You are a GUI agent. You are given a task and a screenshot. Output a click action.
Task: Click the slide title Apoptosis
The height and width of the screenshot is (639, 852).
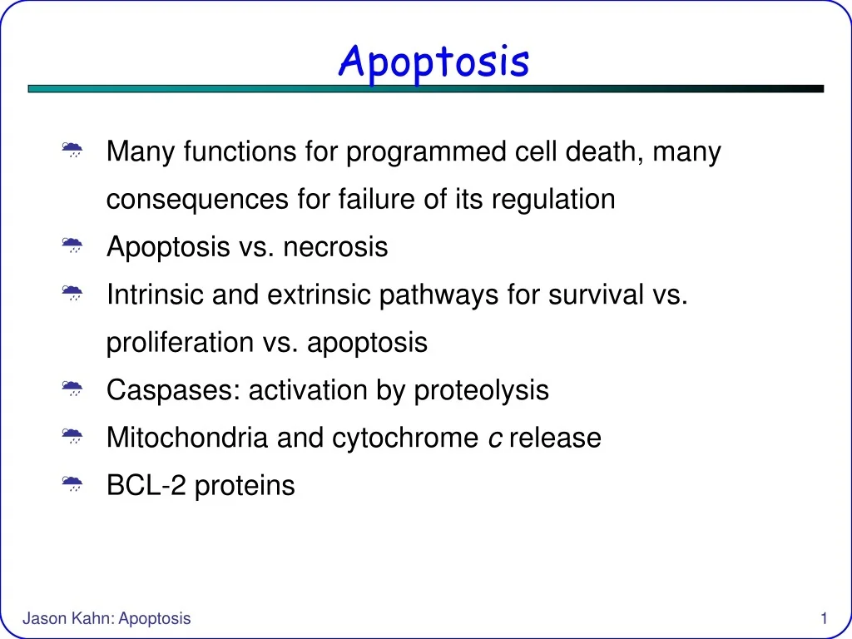[433, 62]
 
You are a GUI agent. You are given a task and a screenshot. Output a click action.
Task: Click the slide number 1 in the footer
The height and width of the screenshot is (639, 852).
[823, 618]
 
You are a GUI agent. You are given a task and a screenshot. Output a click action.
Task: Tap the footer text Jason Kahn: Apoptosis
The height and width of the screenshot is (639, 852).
[106, 618]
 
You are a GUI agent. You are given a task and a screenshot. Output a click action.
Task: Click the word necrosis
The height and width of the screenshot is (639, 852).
[335, 247]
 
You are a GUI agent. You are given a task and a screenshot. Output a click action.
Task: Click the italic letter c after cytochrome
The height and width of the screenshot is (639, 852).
[494, 438]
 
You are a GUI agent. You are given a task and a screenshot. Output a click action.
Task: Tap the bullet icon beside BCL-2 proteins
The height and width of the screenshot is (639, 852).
[72, 484]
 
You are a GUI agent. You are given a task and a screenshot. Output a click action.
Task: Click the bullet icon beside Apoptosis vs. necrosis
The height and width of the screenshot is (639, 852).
[72, 246]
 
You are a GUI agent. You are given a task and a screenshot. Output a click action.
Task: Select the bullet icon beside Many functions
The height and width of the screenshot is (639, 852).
[72, 151]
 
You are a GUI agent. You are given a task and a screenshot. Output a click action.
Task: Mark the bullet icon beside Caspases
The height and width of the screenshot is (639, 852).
[72, 389]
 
